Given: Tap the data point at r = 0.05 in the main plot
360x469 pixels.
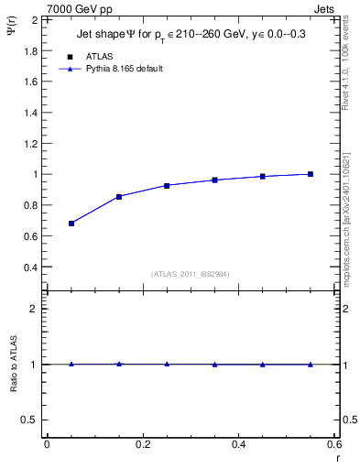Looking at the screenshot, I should [71, 224].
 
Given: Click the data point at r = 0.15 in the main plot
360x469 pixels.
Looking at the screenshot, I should [119, 197].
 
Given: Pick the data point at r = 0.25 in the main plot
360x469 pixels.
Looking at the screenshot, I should [167, 185].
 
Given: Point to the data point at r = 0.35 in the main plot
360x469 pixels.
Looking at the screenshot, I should [214, 180].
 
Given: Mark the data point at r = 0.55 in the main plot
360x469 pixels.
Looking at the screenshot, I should [311, 174].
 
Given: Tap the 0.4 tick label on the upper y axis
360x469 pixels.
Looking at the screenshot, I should [30, 267].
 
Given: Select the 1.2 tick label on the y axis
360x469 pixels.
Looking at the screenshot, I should [30, 143].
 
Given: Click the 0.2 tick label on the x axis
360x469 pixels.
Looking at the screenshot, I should [142, 444].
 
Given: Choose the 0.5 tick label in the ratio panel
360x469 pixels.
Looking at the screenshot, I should [30, 420].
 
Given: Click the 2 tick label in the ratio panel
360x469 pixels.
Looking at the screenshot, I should [35, 309].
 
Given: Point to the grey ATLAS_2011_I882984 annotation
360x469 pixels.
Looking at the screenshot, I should [191, 273].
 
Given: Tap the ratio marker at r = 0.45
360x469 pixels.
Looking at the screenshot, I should [263, 365].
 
